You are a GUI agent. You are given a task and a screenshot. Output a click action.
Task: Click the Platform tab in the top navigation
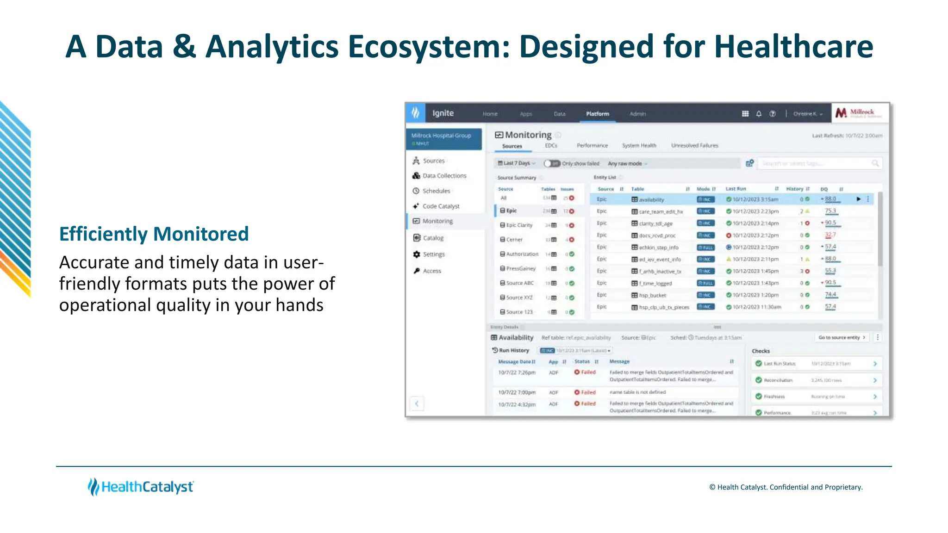click(597, 114)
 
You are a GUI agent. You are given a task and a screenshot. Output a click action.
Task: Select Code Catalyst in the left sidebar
click(441, 206)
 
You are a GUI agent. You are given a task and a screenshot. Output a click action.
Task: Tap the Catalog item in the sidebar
click(433, 238)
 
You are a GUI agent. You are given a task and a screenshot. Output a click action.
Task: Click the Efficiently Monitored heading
click(154, 234)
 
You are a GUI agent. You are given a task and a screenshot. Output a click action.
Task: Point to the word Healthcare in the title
click(793, 47)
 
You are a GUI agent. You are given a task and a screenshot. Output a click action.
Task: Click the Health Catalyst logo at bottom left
click(141, 487)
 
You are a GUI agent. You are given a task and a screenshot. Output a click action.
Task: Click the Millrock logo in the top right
click(861, 113)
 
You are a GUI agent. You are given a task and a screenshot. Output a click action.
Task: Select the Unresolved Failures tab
click(694, 145)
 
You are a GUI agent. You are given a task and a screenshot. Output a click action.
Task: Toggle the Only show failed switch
click(552, 163)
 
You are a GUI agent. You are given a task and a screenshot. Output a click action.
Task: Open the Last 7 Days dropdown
click(516, 163)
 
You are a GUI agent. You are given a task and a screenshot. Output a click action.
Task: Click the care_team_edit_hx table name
click(661, 211)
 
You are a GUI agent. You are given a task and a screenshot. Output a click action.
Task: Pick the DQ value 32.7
click(830, 235)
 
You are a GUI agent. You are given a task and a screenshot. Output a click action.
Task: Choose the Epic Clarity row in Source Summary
click(519, 225)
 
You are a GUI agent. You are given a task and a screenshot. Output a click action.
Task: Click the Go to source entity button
click(842, 337)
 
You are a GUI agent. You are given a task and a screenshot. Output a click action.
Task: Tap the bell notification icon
click(759, 114)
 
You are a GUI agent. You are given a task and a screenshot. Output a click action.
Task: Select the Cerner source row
click(514, 240)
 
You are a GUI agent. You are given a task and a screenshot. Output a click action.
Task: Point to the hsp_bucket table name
click(652, 295)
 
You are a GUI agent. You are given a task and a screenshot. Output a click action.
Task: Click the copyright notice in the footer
click(786, 487)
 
